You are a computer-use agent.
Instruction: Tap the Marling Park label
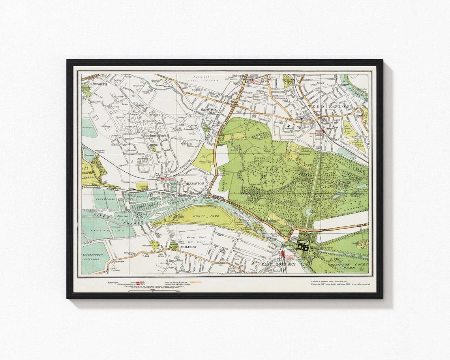[156, 135]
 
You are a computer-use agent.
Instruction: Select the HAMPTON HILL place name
[208, 111]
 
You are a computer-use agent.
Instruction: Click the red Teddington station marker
[323, 131]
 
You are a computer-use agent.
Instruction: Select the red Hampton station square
[162, 178]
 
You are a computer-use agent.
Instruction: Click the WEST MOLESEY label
[183, 247]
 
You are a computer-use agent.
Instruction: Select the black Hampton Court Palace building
[303, 246]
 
